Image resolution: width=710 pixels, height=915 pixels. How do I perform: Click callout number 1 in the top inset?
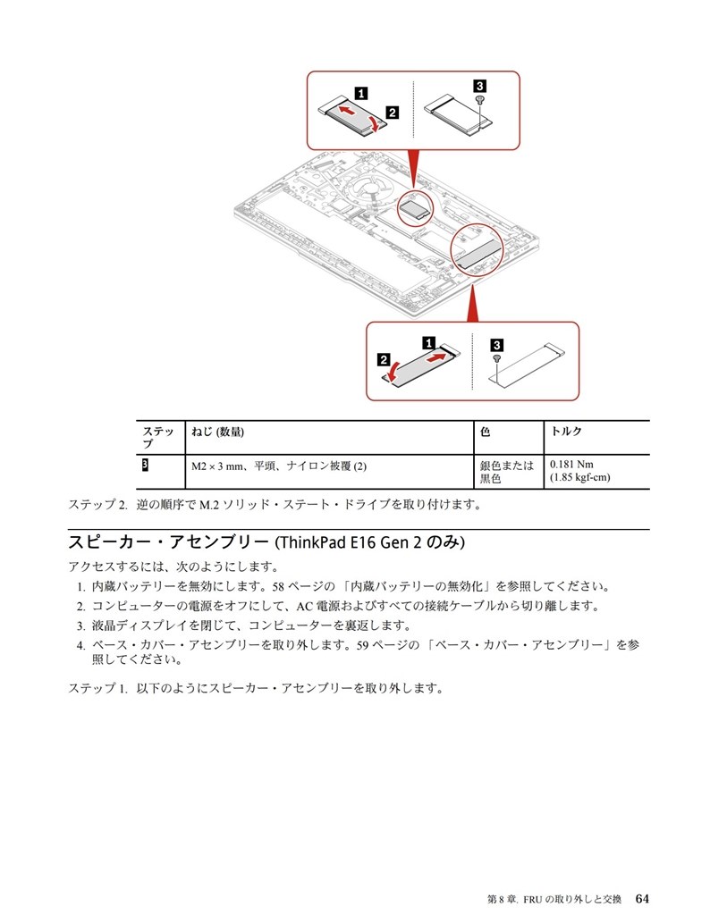click(359, 91)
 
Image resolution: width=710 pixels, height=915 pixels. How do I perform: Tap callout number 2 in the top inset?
click(392, 113)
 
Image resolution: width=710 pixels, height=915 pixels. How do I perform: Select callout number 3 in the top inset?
click(479, 85)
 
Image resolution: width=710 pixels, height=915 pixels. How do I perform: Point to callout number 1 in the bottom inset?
click(428, 342)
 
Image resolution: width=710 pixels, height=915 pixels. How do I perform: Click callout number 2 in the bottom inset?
click(384, 360)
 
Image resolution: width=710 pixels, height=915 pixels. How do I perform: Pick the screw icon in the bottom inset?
click(496, 357)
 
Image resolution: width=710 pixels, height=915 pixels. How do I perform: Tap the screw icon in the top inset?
click(480, 101)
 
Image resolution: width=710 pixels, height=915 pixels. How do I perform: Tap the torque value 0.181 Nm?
click(571, 465)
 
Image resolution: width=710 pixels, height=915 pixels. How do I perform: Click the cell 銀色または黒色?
click(506, 471)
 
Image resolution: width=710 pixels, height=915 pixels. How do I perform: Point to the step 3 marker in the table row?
click(145, 466)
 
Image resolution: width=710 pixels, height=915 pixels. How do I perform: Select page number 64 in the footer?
click(642, 897)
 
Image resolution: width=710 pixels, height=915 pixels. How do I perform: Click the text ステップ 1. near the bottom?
click(98, 689)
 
